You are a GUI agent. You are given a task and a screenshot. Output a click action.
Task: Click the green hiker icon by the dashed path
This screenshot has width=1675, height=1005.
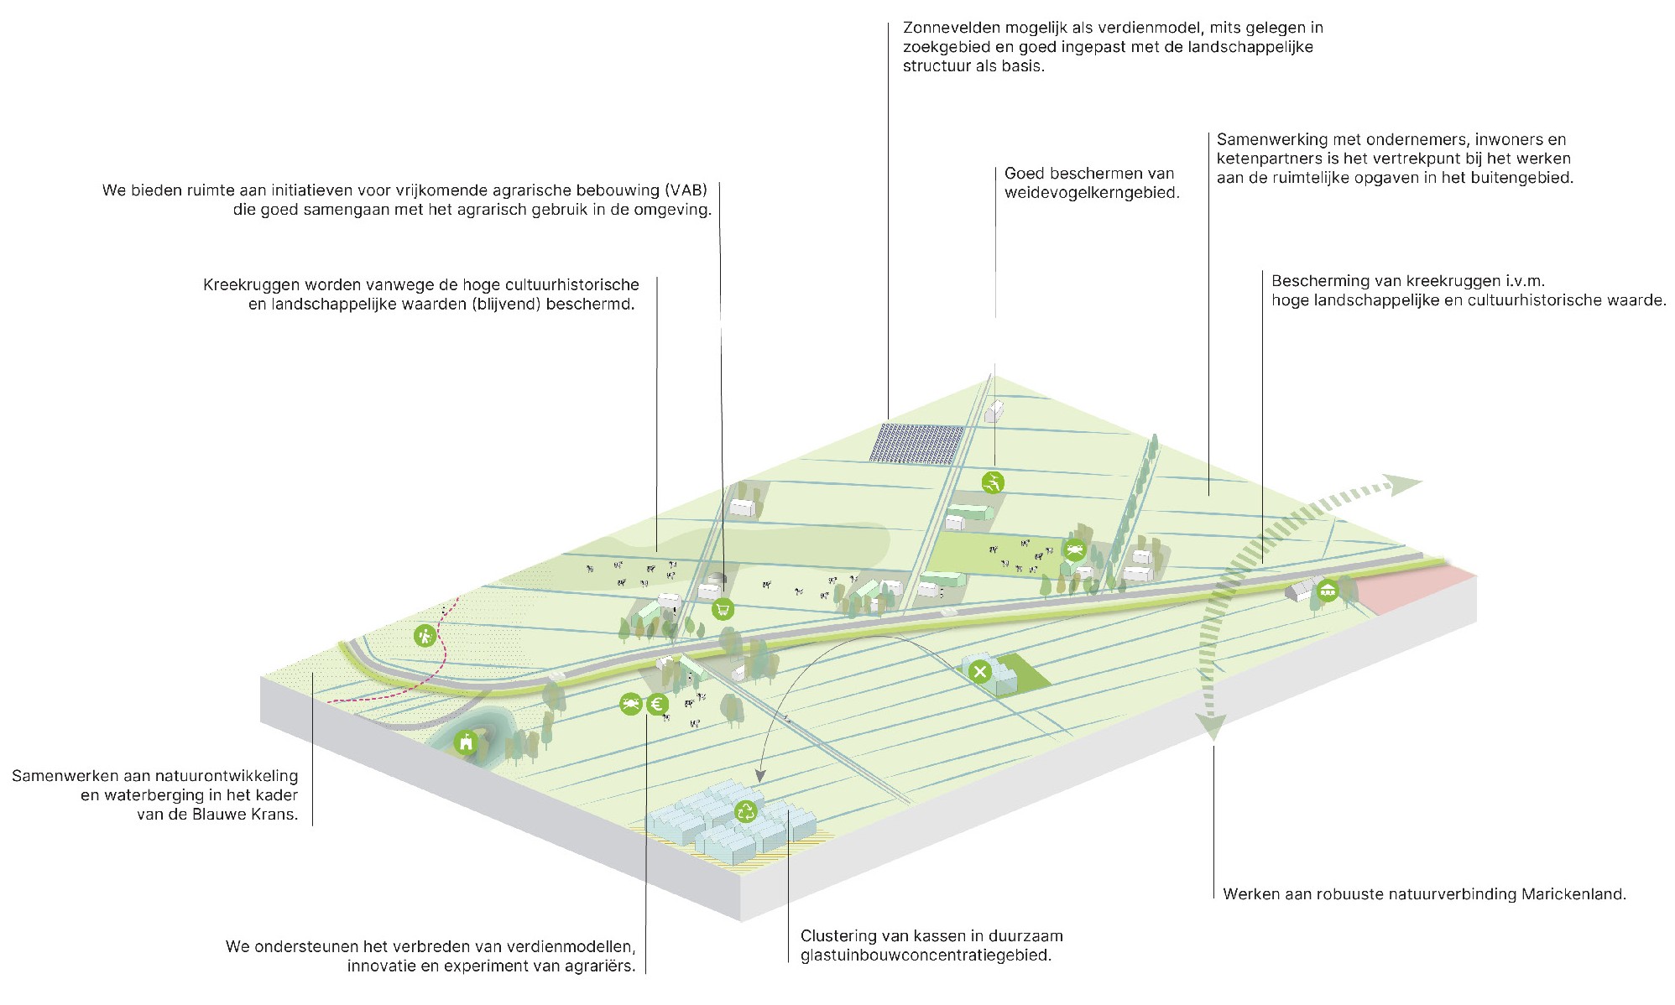tap(425, 635)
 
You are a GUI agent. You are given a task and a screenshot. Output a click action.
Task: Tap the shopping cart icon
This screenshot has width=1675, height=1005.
tap(723, 609)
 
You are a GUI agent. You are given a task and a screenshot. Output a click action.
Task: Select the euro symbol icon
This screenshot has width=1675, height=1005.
tap(657, 705)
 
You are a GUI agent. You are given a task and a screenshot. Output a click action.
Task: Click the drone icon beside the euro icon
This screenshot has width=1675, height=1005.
tap(631, 704)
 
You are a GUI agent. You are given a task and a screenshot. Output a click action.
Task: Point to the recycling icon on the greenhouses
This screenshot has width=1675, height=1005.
tap(745, 811)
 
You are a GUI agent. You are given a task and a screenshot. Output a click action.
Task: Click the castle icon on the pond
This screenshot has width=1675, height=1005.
tap(466, 742)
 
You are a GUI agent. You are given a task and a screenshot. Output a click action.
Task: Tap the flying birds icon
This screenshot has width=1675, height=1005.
tap(993, 482)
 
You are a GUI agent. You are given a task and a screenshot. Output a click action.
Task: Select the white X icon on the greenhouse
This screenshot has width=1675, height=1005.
tap(979, 671)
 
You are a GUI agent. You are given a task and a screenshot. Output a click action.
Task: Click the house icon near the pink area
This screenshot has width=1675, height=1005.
tap(1327, 590)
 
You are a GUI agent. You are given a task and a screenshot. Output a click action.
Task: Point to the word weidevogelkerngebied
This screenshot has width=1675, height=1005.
tap(1091, 193)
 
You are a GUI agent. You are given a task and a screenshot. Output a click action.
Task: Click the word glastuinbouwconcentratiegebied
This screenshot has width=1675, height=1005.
tap(925, 956)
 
